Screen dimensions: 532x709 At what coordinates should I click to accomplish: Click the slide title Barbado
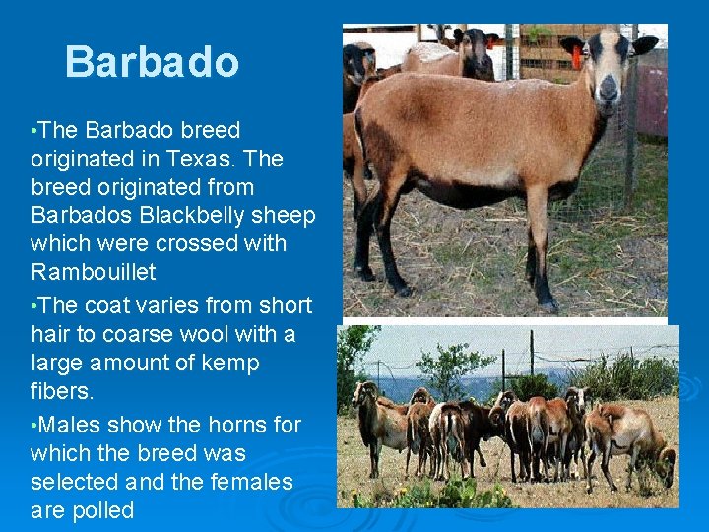(x=152, y=62)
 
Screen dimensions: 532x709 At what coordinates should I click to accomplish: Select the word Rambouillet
(x=94, y=271)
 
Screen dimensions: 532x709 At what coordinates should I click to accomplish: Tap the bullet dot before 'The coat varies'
(x=34, y=306)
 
